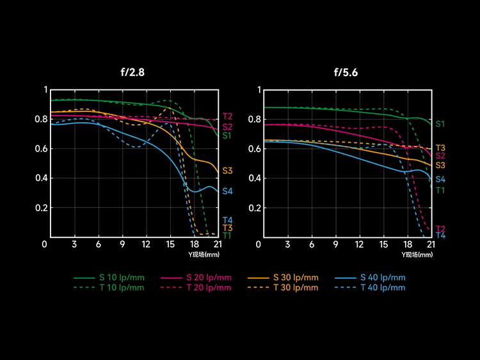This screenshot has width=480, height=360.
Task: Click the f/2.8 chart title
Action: [x=132, y=72]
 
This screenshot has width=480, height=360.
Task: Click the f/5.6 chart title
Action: [x=346, y=72]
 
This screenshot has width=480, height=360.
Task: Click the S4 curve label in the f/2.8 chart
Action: [x=227, y=191]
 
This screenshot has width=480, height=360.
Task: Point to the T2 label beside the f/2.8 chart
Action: [x=227, y=116]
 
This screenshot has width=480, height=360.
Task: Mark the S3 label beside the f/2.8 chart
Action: [x=227, y=171]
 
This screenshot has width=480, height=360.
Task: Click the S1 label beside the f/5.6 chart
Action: [x=440, y=124]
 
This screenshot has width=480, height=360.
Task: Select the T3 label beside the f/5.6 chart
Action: [x=440, y=148]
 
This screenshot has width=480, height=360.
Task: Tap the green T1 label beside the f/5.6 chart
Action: [x=440, y=191]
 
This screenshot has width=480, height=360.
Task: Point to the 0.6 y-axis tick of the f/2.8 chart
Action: [x=42, y=149]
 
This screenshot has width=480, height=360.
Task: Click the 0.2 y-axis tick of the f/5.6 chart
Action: [x=255, y=208]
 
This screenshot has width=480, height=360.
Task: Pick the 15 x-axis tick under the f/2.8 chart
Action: [x=170, y=244]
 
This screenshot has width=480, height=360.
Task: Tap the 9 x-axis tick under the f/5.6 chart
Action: [x=336, y=244]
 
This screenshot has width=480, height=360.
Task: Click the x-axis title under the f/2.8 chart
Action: [x=204, y=254]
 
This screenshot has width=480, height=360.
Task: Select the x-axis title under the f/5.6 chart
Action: [x=417, y=254]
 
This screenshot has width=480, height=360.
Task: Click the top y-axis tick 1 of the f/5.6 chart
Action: [x=259, y=90]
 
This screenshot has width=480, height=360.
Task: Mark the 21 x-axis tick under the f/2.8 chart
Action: [x=218, y=244]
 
